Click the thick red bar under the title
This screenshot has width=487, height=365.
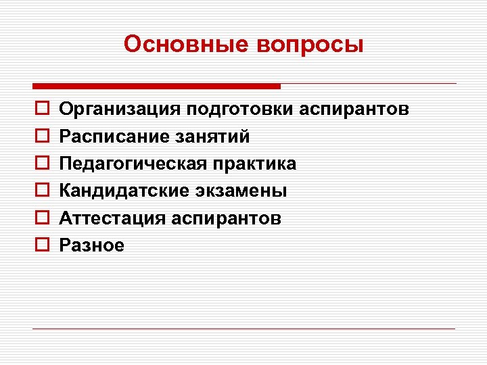pyautogui.click(x=156, y=87)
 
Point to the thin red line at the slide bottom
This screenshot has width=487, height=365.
pyautogui.click(x=243, y=328)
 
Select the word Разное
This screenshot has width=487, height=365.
pyautogui.click(x=92, y=245)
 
